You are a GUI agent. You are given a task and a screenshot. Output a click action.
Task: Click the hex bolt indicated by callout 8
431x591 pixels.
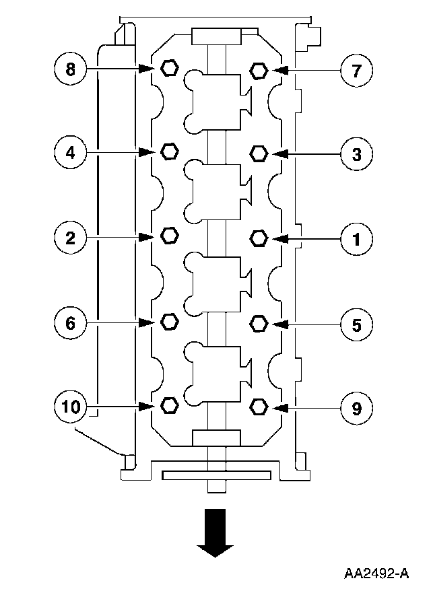tap(170, 68)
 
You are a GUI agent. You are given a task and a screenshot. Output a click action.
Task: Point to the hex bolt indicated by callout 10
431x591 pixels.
tap(170, 405)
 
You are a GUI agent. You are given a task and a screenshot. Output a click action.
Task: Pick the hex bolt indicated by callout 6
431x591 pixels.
tap(170, 322)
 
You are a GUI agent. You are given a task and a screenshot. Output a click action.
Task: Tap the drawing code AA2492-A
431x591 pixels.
tap(376, 573)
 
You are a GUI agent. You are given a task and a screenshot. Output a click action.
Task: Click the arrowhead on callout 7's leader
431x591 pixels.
tap(282, 70)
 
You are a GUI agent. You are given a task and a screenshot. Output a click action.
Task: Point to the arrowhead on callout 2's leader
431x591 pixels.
tap(146, 236)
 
